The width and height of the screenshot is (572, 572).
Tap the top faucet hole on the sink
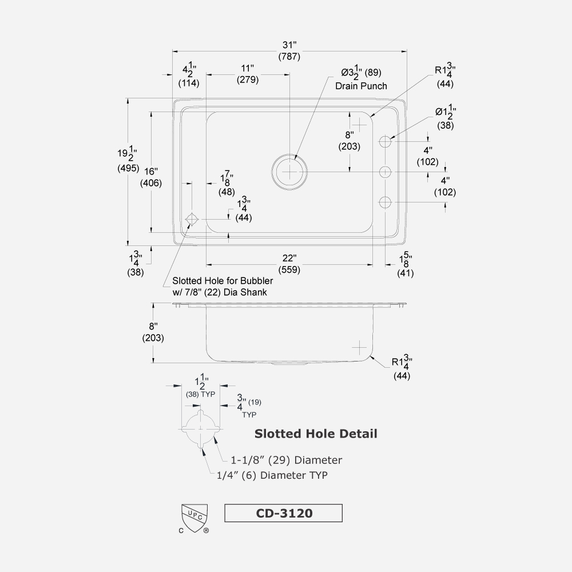point(386,141)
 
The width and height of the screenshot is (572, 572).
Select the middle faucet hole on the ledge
point(386,171)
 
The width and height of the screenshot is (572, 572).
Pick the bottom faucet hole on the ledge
point(386,202)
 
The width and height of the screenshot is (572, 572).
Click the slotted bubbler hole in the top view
point(191,219)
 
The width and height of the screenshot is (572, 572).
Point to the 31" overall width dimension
point(289,51)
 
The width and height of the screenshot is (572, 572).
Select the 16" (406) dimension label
point(151,177)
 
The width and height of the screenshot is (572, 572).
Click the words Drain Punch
point(361,86)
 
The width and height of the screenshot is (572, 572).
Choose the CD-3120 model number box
point(284,513)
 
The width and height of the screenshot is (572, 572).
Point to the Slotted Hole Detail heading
point(316,434)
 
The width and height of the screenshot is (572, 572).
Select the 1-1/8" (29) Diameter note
point(286,460)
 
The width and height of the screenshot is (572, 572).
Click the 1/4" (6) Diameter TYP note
point(272,475)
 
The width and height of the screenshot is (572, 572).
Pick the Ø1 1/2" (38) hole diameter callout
point(444,117)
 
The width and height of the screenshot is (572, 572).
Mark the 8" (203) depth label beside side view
point(153,332)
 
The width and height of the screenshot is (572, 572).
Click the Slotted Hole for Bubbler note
point(223,287)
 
